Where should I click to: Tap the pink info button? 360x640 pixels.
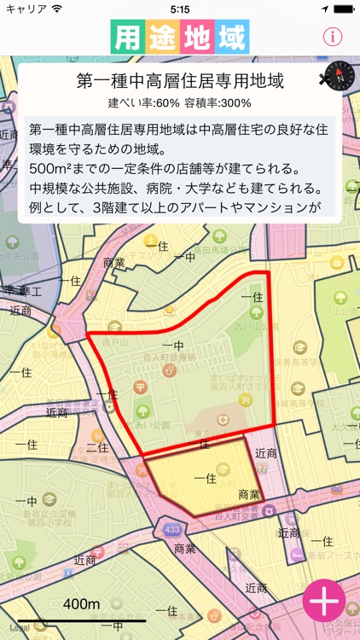[333, 37]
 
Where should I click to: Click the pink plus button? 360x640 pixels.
[325, 602]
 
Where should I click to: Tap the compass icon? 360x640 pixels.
[340, 78]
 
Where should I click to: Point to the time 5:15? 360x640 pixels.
[180, 9]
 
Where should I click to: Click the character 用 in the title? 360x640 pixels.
[128, 38]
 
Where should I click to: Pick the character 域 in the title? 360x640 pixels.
[231, 38]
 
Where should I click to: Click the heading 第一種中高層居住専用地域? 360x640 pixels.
[180, 82]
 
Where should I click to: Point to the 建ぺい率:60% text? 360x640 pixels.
[143, 103]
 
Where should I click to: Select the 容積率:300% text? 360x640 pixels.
[218, 103]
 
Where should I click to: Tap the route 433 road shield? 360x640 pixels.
[173, 528]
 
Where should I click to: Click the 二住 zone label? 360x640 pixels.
[97, 447]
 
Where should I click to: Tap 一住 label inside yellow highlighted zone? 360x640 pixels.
[205, 479]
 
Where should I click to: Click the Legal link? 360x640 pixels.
[19, 627]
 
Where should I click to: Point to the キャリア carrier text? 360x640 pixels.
[26, 9]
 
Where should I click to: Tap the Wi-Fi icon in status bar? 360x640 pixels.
[57, 9]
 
